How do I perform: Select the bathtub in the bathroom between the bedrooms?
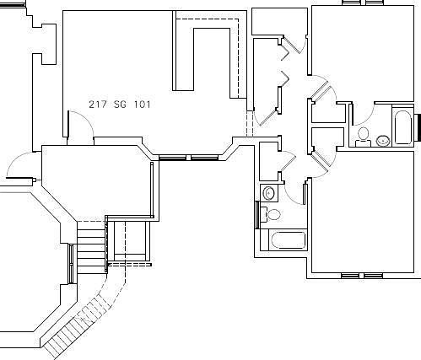click(x=402, y=127)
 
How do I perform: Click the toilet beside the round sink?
click(x=364, y=134)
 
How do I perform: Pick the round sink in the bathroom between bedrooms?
click(x=382, y=140)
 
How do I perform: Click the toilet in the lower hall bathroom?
click(x=272, y=213)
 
